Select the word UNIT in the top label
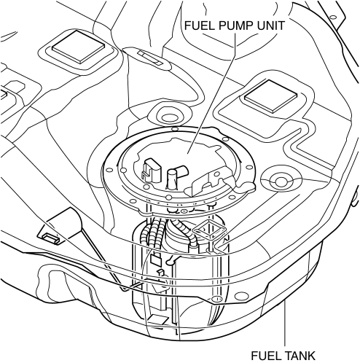pos(273,26)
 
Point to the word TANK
pos(300,356)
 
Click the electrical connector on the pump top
pos(151,170)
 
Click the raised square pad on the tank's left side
pos(79,46)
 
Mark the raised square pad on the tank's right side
pos(270,96)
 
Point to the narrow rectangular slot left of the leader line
pos(151,58)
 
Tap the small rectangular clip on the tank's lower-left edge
pos(51,238)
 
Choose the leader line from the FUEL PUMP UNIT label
pos(211,93)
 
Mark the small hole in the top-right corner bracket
pos(334,17)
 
